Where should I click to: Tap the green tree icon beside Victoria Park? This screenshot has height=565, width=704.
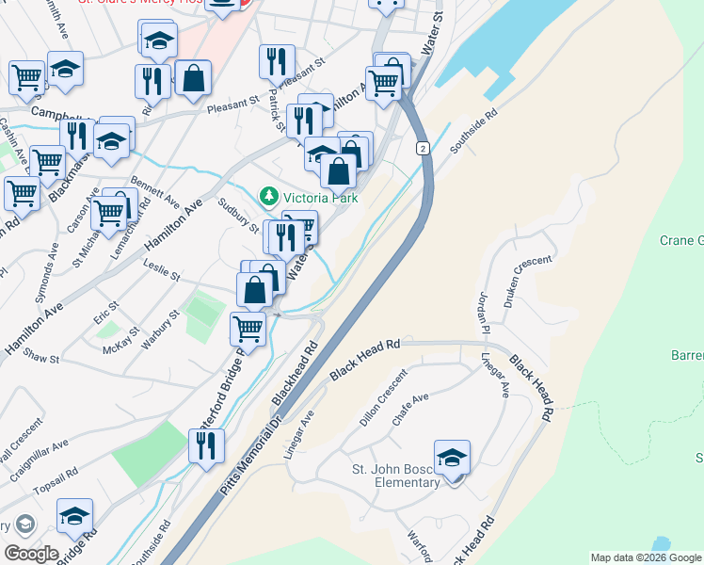click(269, 197)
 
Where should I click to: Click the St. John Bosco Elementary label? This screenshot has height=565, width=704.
click(395, 476)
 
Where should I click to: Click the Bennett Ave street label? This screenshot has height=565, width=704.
click(155, 190)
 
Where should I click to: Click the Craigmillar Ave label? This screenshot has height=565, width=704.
click(40, 457)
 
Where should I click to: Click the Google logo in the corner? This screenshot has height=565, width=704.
click(31, 554)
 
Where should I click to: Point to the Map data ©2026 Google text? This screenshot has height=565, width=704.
click(646, 557)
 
